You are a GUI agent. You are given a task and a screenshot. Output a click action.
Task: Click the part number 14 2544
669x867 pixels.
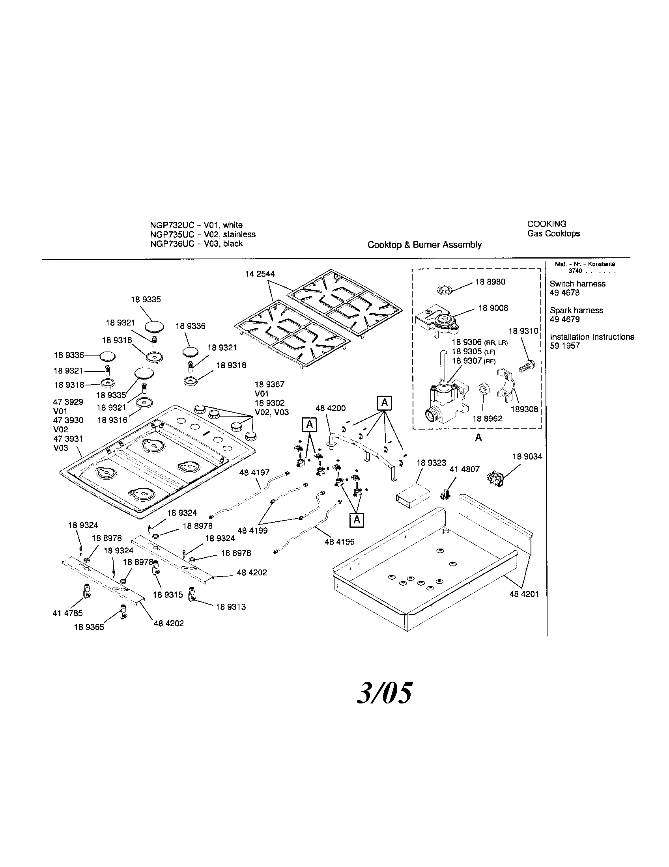260,274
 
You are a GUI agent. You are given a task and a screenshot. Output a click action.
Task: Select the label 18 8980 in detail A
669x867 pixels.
490,282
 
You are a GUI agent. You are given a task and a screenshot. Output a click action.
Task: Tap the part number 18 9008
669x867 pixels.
493,308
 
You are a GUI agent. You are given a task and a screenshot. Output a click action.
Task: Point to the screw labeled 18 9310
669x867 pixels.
526,365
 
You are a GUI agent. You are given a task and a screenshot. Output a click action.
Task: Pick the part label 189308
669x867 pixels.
524,409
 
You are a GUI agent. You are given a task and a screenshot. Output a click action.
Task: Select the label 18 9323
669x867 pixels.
431,463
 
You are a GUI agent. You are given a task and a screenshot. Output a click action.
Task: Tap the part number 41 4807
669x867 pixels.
464,469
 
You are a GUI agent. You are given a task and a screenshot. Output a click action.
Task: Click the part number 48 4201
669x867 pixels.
524,594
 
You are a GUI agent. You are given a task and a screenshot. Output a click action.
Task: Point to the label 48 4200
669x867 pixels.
331,408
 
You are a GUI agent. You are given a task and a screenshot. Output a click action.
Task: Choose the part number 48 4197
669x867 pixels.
254,473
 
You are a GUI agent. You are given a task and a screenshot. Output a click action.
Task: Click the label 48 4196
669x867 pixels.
339,542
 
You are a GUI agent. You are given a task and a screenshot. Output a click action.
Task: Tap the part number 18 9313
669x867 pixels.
230,607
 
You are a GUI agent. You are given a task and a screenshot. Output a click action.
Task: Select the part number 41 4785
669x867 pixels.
67,613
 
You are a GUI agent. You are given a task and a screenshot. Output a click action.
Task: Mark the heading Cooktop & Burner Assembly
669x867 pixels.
424,245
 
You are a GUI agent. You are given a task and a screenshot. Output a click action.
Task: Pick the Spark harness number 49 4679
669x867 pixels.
564,319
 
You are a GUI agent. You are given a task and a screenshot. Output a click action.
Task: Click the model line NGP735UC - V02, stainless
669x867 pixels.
203,234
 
